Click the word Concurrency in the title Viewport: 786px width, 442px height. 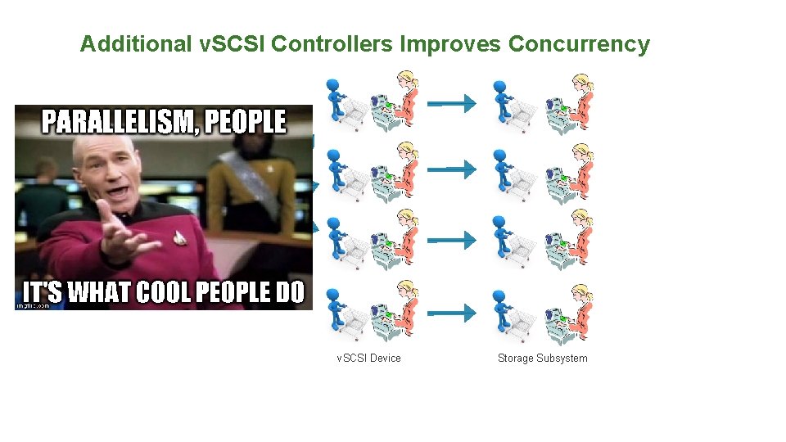579,44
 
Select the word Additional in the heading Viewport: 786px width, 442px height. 135,44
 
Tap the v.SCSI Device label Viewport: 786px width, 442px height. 369,358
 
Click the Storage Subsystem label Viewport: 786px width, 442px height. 542,358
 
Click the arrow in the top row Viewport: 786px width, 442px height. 453,103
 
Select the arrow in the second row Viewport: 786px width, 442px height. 453,169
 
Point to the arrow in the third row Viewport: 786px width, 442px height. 453,240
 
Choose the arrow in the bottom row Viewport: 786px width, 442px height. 453,312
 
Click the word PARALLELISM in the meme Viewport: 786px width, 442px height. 116,123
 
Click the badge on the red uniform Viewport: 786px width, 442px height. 179,237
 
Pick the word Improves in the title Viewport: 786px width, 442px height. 451,44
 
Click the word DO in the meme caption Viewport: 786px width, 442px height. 289,293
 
